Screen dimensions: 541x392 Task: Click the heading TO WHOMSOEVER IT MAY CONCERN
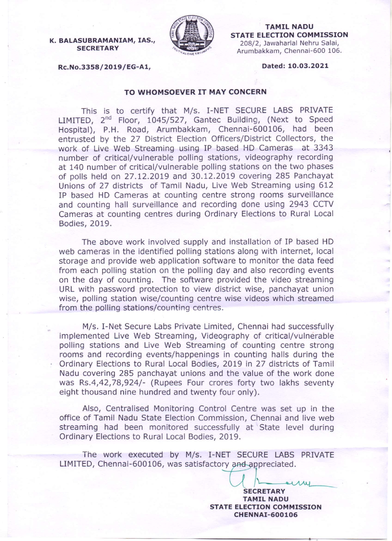(x=195, y=92)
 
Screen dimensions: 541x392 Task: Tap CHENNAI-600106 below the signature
(x=266, y=515)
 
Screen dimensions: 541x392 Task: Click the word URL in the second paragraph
(x=67, y=289)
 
